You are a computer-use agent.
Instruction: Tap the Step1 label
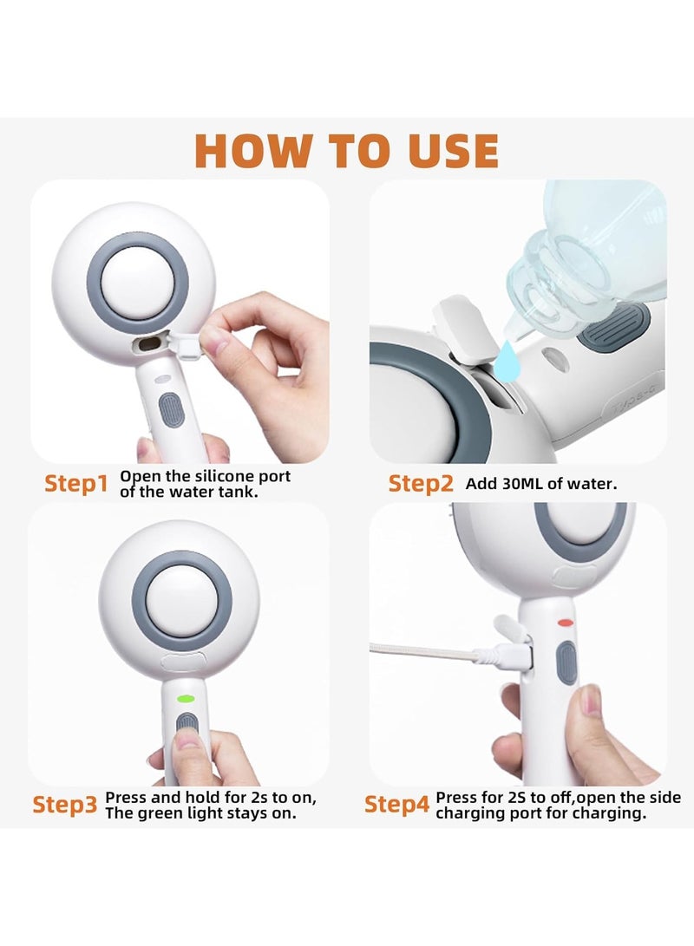(76, 483)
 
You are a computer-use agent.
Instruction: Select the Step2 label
(420, 483)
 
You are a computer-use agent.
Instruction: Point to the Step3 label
(64, 804)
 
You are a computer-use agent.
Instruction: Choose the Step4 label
(396, 804)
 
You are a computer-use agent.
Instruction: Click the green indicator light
(186, 699)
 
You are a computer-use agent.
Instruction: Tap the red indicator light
(566, 622)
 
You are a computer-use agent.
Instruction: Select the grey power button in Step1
(170, 410)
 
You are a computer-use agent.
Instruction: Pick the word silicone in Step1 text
(226, 476)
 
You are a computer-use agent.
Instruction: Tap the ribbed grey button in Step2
(613, 327)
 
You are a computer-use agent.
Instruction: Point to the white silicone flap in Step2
(462, 328)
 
